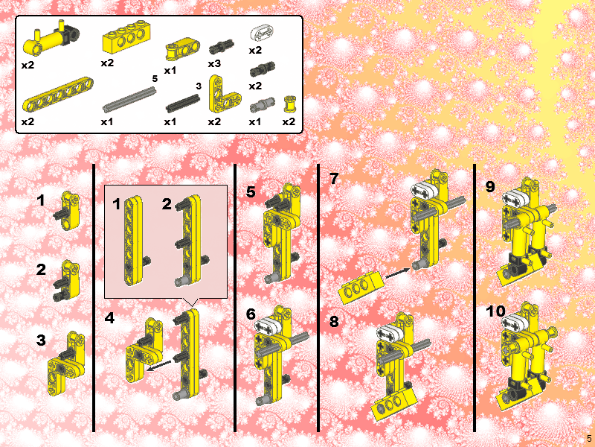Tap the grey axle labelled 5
point(129,100)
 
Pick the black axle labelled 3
point(183,103)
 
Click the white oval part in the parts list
point(262,33)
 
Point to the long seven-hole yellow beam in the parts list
point(58,95)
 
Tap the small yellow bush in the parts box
point(289,104)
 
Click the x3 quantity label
point(214,63)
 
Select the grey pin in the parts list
point(262,104)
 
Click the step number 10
point(495,311)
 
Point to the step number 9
point(491,187)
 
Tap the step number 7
point(334,179)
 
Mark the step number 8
point(334,322)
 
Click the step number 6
point(251,314)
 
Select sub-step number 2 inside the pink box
point(167,204)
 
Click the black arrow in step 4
point(158,365)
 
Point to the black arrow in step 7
point(398,273)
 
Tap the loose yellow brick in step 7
point(359,288)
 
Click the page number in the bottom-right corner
point(589,438)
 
